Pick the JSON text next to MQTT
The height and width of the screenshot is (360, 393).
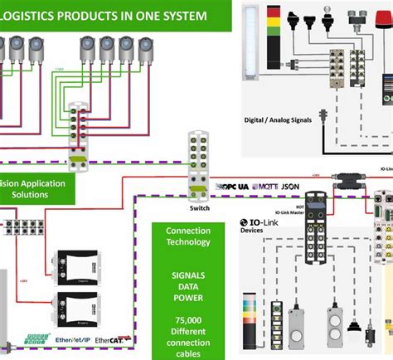point(289,187)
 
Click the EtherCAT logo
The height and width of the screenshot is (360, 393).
point(112,341)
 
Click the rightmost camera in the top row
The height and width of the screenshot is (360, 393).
point(148,49)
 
